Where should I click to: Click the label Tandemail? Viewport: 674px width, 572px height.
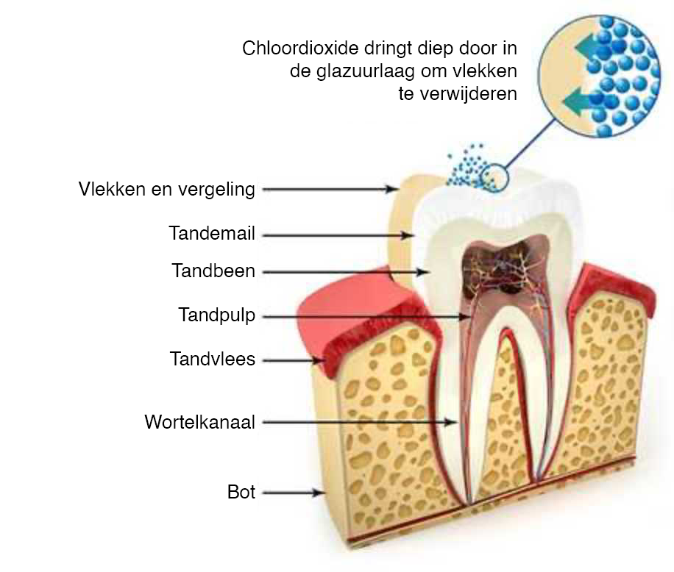[x=212, y=234]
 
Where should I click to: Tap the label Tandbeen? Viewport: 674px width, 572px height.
[x=213, y=271]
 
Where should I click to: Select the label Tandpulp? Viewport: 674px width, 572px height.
[x=217, y=315]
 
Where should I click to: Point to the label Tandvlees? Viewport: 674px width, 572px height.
[x=213, y=359]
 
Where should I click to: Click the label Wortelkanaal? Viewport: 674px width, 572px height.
[x=200, y=422]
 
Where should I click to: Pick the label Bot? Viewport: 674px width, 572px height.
[x=241, y=492]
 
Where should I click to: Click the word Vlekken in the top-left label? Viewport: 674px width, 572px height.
[x=112, y=189]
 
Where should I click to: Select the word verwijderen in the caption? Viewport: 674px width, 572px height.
[x=469, y=93]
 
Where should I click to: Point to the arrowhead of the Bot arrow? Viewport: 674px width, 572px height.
[x=318, y=493]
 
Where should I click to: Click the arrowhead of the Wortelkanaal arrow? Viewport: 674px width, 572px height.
[x=450, y=422]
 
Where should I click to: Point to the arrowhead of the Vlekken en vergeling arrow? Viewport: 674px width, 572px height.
[x=392, y=189]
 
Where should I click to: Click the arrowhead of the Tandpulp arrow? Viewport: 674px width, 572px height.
[x=465, y=317]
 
